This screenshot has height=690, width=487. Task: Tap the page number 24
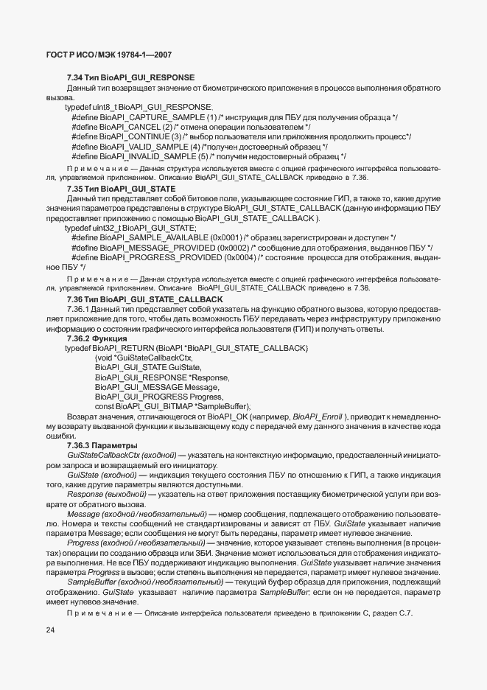50,630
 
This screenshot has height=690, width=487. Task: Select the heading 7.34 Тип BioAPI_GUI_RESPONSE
130,77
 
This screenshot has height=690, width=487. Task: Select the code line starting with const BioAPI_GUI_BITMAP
173,406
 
